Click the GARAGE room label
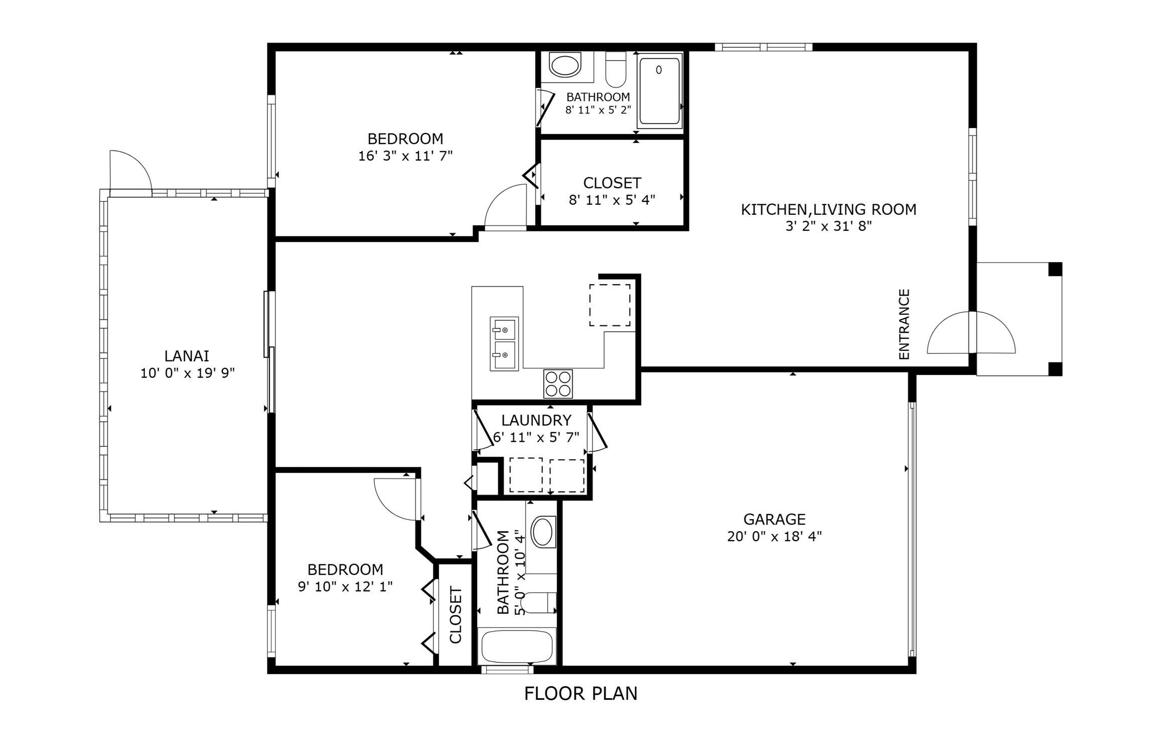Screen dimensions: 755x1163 [x=774, y=519]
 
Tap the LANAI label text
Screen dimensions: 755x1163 [x=187, y=356]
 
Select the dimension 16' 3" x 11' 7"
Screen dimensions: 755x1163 [x=405, y=156]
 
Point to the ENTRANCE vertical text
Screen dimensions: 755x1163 [x=904, y=324]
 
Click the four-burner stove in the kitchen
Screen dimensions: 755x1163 [x=558, y=384]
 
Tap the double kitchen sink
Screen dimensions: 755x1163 [x=504, y=343]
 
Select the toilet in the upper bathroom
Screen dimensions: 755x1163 [x=616, y=70]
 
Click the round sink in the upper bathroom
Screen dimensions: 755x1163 [x=565, y=65]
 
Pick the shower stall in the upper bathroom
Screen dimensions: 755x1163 [x=660, y=91]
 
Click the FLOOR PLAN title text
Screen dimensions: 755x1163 [x=580, y=694]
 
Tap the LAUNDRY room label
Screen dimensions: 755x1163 [x=536, y=420]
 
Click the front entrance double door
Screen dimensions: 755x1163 [x=971, y=333]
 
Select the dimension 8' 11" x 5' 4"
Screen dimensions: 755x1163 [x=612, y=200]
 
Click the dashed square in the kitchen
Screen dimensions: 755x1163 [x=610, y=305]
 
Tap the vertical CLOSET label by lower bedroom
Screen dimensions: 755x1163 [x=456, y=615]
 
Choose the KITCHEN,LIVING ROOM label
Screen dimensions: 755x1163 [x=828, y=209]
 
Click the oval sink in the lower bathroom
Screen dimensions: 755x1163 [x=542, y=532]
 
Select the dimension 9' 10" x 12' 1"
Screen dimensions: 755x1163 [x=345, y=586]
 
